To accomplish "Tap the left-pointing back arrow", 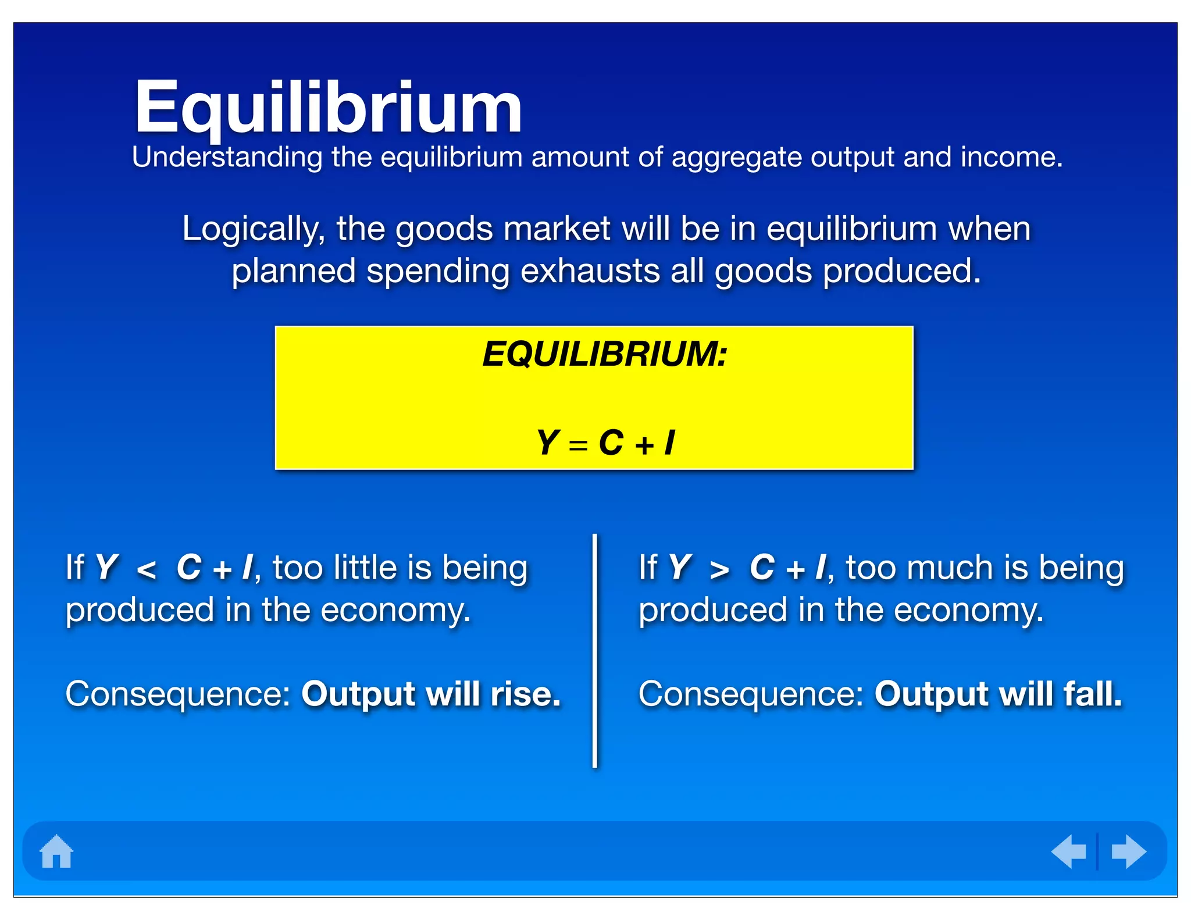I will [x=1069, y=851].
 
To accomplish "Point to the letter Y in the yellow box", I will [x=548, y=443].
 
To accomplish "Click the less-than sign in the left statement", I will [x=146, y=570].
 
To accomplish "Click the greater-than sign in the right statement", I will [x=719, y=570].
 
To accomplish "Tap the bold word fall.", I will [x=1093, y=694].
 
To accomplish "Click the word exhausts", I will [x=590, y=271].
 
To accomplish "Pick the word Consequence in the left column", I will [x=178, y=694].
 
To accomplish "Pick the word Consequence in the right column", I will [x=751, y=694].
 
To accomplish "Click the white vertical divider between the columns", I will [x=594, y=651].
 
